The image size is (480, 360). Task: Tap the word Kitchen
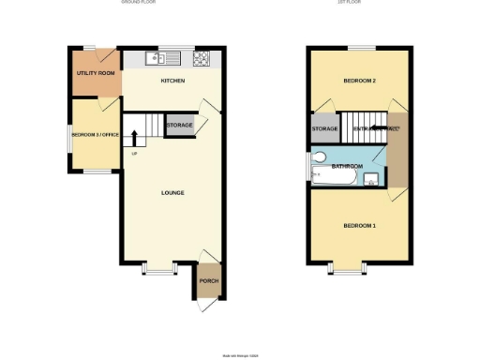[x=172, y=82]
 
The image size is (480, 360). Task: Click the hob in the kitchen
[x=202, y=58]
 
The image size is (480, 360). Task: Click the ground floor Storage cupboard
[x=179, y=126]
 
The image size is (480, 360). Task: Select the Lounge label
[x=172, y=193]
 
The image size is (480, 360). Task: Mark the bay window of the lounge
[x=159, y=271]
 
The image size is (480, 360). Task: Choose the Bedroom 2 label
[x=359, y=82]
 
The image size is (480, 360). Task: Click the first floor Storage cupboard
[x=324, y=128]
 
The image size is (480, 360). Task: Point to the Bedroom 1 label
[x=359, y=226]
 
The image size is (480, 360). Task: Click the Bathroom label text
[x=347, y=166]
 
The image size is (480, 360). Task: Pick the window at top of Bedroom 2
[x=361, y=48]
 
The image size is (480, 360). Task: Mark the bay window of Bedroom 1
[x=346, y=271]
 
